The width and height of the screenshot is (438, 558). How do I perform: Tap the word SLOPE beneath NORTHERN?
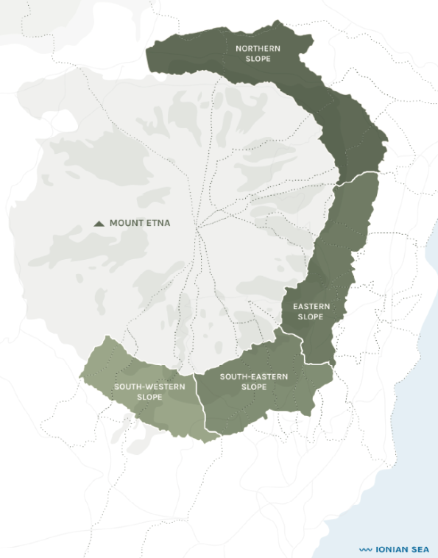(x=258, y=58)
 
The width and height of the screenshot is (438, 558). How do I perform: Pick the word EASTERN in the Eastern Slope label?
(x=311, y=306)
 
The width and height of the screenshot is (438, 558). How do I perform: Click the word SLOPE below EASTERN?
(x=311, y=317)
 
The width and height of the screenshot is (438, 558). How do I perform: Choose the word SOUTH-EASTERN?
(x=254, y=376)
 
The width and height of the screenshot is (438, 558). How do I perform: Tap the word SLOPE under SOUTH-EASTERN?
(x=254, y=386)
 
